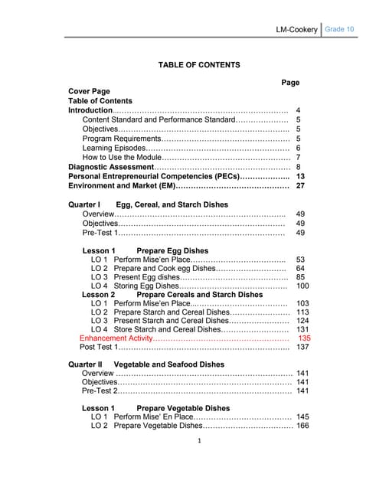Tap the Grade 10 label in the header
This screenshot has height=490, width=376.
(x=338, y=29)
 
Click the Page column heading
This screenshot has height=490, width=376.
(x=290, y=82)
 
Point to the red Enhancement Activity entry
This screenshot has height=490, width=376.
(x=116, y=338)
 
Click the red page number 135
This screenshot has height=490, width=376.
(x=304, y=338)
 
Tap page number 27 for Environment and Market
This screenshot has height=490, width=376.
(x=301, y=185)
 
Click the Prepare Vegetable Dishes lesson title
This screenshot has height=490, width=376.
(x=183, y=409)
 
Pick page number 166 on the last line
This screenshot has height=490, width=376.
(x=302, y=426)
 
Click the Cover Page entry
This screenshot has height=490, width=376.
(x=89, y=92)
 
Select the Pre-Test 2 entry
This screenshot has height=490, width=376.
(x=100, y=390)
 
